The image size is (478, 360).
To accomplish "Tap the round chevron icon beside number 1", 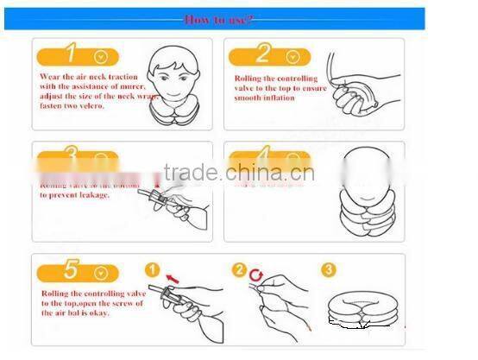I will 102,57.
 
